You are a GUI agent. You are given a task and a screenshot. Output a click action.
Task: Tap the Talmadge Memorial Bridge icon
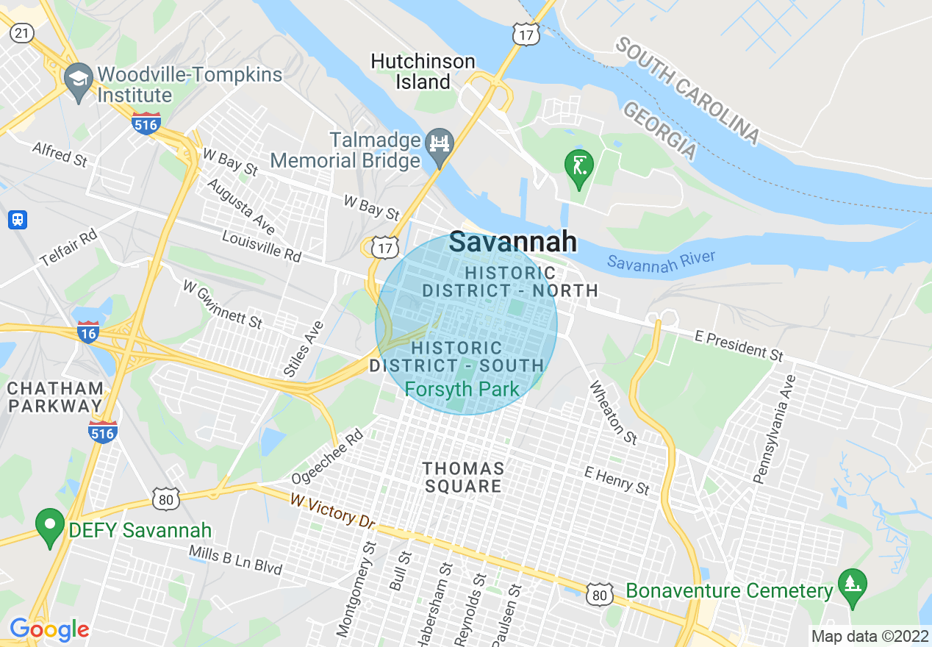440,144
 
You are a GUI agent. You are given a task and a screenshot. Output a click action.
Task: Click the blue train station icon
18,219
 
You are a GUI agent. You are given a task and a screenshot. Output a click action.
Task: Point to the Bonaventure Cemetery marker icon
852,586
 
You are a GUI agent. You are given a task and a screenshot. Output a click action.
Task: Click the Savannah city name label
513,241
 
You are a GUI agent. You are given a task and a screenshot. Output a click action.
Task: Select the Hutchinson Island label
423,71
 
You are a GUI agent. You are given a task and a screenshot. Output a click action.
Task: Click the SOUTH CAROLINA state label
687,90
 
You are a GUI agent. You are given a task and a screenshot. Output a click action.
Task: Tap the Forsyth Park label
462,389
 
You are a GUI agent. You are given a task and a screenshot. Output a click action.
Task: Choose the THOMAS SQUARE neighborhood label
463,477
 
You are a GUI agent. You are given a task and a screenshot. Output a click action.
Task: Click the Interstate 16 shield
88,332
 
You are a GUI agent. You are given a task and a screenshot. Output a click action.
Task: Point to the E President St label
739,345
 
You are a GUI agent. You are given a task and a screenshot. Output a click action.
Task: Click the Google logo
49,629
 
